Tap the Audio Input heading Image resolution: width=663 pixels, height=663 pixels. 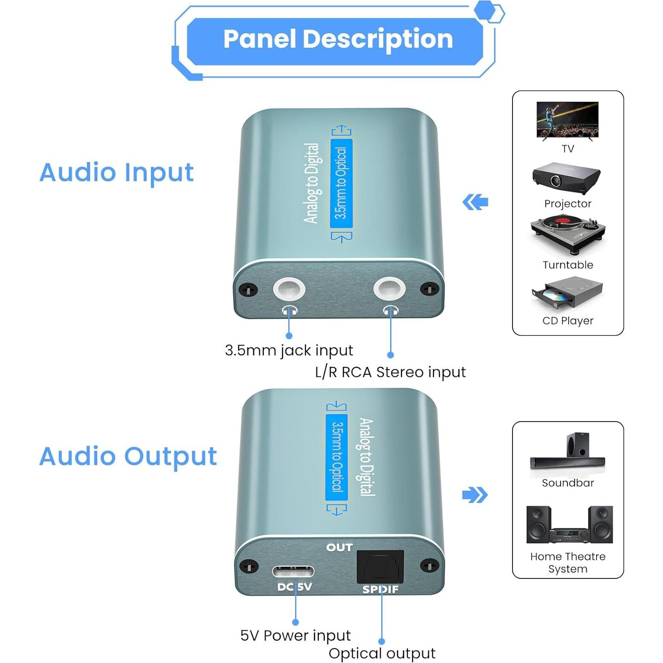(x=116, y=173)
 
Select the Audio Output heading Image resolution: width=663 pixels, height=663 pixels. (x=128, y=457)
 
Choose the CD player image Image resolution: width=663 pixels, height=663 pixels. (x=567, y=293)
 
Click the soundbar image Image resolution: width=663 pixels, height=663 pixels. (x=568, y=452)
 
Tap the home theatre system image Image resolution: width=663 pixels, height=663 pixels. (x=569, y=525)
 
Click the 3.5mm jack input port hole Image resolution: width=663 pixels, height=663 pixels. (x=289, y=289)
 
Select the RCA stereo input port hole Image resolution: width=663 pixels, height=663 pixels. (x=389, y=289)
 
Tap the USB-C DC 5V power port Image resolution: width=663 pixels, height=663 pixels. (x=293, y=571)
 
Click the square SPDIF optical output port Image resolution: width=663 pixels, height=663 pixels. (x=380, y=566)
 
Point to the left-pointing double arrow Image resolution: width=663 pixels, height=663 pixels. (x=475, y=202)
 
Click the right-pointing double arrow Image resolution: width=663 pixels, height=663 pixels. (x=475, y=495)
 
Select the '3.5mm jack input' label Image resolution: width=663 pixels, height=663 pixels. (x=289, y=351)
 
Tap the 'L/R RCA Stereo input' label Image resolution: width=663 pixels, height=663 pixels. (x=390, y=372)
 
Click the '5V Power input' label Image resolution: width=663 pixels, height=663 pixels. (x=295, y=635)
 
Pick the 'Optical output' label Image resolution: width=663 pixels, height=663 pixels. (x=382, y=653)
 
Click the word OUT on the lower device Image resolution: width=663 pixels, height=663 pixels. (x=339, y=547)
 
